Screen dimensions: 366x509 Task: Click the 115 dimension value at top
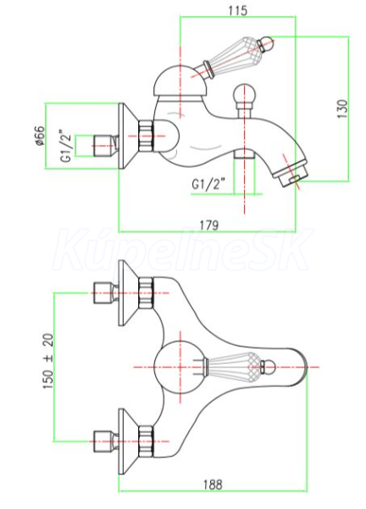(237, 11)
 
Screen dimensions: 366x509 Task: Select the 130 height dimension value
(342, 109)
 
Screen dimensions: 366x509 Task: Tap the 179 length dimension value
(209, 226)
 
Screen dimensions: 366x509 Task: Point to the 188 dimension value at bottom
(213, 485)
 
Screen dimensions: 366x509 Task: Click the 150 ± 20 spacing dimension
(48, 361)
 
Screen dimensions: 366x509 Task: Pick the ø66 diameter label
(40, 136)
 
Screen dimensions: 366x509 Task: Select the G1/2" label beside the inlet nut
(65, 146)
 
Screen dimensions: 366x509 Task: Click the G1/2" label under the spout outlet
(208, 184)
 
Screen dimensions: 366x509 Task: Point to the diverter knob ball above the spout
(245, 94)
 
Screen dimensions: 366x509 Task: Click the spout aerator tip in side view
(289, 176)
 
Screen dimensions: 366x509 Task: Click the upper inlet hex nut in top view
(145, 293)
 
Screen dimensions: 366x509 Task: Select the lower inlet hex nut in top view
(145, 441)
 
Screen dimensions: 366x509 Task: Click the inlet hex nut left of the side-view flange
(104, 146)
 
